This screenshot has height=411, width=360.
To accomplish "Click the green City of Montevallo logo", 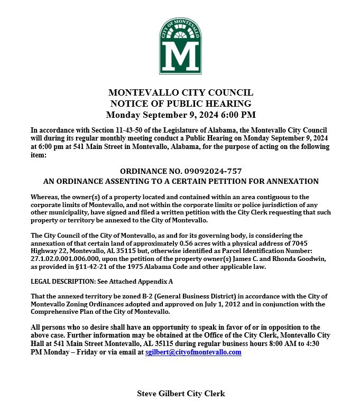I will [x=180, y=46].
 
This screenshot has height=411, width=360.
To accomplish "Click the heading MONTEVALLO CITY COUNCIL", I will [x=180, y=92].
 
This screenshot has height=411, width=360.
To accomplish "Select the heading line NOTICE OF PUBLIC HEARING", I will [x=180, y=104].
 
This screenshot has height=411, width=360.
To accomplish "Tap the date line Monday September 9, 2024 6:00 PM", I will [x=180, y=115].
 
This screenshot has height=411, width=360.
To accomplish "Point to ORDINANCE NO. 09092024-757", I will [x=181, y=171].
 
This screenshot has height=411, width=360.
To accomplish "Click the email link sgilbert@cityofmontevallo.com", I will [x=193, y=352].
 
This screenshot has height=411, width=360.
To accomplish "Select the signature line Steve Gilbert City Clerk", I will [x=181, y=393].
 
